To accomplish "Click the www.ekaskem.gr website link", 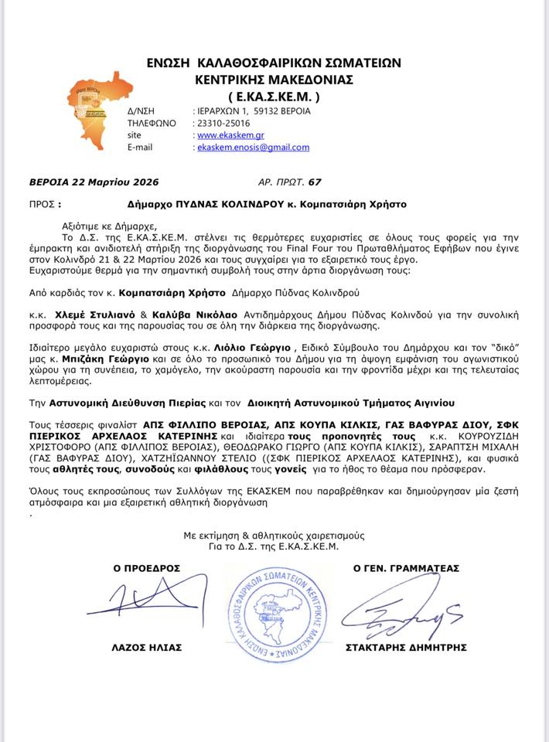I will click(x=225, y=134).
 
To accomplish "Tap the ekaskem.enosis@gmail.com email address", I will click(x=254, y=147).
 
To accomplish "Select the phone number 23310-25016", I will click(x=224, y=122).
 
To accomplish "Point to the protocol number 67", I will click(x=314, y=182).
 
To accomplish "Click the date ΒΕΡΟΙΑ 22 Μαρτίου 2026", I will click(x=94, y=182).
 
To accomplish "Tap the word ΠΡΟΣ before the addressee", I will click(x=43, y=205).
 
